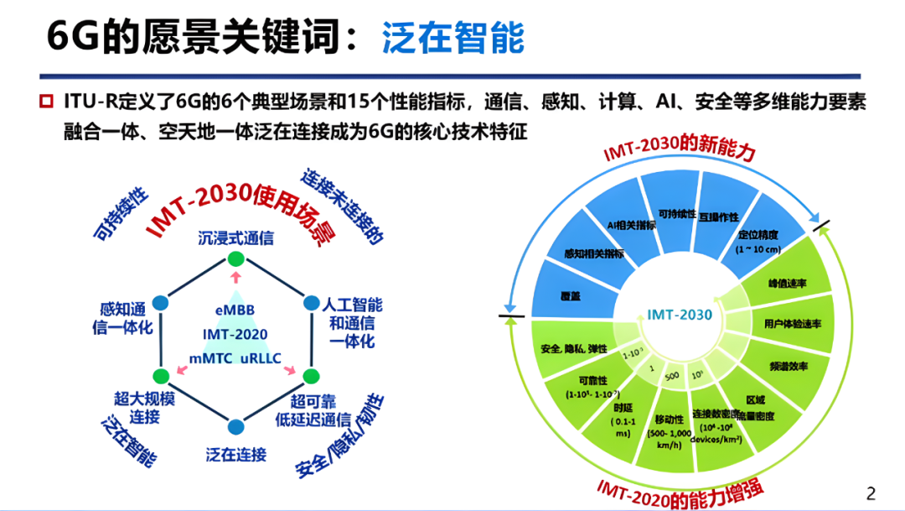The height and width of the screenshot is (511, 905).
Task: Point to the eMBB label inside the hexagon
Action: [x=235, y=310]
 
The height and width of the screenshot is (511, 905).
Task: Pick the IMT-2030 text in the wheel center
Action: [x=680, y=315]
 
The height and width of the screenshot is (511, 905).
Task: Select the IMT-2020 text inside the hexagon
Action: [x=235, y=334]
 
